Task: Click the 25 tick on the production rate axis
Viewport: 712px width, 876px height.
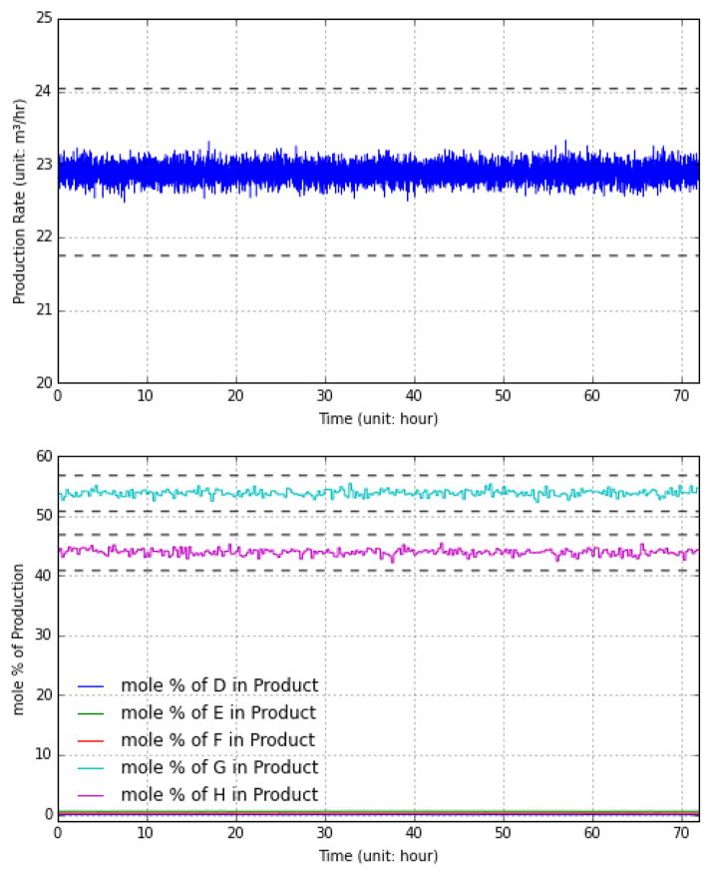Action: [x=43, y=19]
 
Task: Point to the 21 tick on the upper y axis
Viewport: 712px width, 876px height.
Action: [x=43, y=310]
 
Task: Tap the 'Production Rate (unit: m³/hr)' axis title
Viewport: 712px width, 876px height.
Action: [x=18, y=202]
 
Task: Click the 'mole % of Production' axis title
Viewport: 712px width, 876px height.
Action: [x=18, y=636]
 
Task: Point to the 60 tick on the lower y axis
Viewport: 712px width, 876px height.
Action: [x=43, y=457]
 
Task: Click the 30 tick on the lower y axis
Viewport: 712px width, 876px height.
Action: [x=43, y=636]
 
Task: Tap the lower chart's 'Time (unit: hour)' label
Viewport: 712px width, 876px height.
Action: [x=378, y=855]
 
